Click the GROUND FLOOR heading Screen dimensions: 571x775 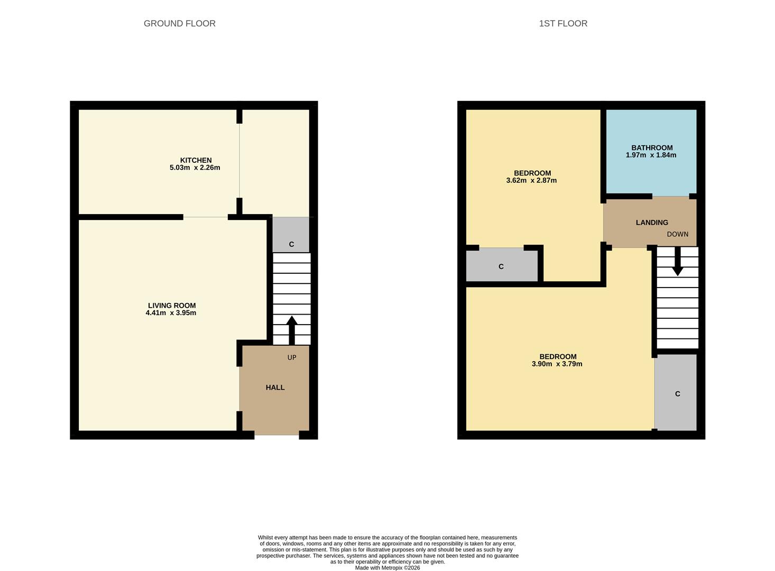[x=179, y=23]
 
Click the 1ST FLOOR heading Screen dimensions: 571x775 [x=563, y=23]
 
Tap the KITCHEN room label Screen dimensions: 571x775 [x=196, y=160]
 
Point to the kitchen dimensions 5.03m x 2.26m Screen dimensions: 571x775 [x=195, y=168]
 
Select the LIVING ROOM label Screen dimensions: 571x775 [x=172, y=306]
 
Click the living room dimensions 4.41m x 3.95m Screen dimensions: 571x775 [x=171, y=313]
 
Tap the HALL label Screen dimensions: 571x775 [x=275, y=388]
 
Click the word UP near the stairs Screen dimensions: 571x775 [x=292, y=357]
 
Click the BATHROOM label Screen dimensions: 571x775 [x=652, y=148]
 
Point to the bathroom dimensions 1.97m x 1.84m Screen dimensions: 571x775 [x=651, y=155]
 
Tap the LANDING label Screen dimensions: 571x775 [x=652, y=223]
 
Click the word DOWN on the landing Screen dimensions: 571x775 [x=677, y=234]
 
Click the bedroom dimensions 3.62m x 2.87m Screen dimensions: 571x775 [x=531, y=181]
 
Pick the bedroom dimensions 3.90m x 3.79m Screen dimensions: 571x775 [x=557, y=364]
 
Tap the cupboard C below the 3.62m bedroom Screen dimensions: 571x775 [x=501, y=266]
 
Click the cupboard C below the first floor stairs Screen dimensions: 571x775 [x=677, y=393]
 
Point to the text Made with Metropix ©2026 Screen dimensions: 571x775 [x=387, y=568]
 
